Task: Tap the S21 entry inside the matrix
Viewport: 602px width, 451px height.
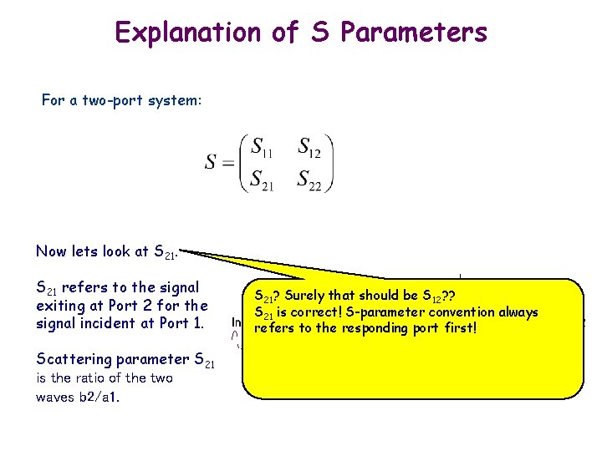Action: [261, 179]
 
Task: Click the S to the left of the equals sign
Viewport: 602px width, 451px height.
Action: [211, 161]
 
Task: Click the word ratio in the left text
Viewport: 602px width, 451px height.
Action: [87, 378]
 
